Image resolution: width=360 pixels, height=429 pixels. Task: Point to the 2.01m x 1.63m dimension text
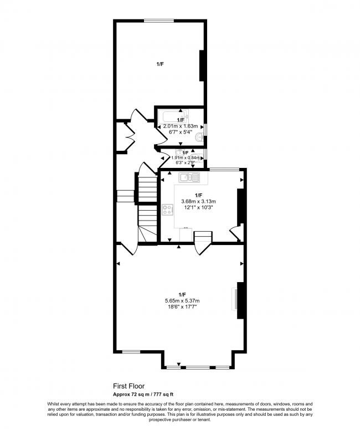pyautogui.click(x=181, y=126)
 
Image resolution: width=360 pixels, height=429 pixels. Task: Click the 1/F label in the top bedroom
pyautogui.click(x=160, y=64)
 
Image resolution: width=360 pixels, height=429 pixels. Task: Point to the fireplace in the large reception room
pyautogui.click(x=235, y=300)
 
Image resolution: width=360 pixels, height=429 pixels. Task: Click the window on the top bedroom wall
pyautogui.click(x=160, y=21)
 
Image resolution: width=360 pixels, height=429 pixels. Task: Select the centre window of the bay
pyautogui.click(x=198, y=367)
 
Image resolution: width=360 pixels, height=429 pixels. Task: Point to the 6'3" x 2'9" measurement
pyautogui.click(x=181, y=163)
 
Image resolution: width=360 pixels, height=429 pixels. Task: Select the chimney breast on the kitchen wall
pyautogui.click(x=240, y=207)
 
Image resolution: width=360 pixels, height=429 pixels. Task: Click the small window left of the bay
pyautogui.click(x=131, y=351)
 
